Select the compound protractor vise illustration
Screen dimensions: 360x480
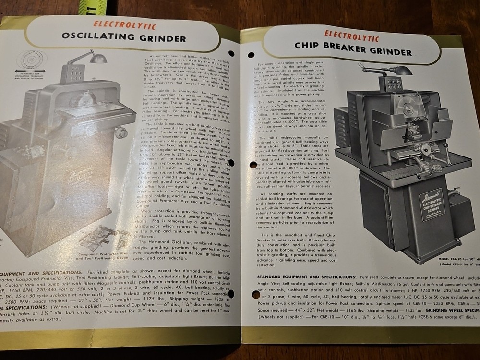(98, 237)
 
